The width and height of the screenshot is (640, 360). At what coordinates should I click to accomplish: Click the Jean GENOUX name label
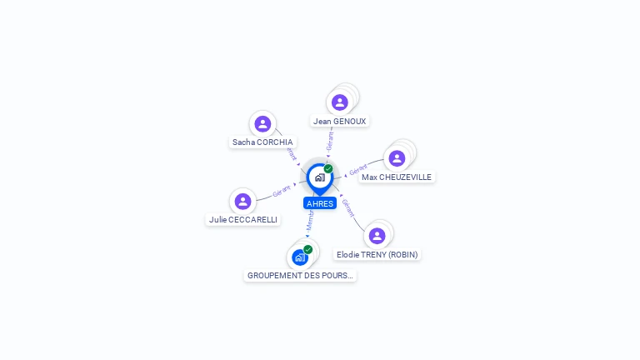coord(339,121)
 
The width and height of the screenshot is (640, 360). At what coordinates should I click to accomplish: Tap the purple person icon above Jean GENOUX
coord(339,102)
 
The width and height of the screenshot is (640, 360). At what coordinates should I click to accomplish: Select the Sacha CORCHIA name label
coord(262,142)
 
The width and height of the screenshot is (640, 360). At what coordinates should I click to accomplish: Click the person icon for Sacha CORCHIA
coord(262,124)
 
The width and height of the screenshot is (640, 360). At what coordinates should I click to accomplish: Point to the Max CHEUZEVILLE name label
coord(397,177)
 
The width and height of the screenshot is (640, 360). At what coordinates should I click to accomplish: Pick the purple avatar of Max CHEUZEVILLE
coord(397,158)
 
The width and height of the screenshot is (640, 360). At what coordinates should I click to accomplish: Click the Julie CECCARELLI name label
coord(243,220)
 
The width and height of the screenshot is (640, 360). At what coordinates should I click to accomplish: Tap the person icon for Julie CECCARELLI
coord(242,202)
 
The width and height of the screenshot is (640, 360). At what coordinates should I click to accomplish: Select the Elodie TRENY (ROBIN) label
coord(377,254)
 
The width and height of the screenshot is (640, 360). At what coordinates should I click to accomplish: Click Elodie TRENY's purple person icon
coord(377,236)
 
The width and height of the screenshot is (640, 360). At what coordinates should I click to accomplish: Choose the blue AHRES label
coord(320,203)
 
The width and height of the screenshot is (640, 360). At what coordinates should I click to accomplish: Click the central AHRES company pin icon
coord(319,177)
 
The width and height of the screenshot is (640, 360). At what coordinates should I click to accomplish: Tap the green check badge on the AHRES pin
coord(328,169)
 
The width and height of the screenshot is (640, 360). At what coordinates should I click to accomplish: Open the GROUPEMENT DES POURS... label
coord(300,275)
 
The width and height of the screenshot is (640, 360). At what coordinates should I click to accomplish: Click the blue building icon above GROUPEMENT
coord(299,257)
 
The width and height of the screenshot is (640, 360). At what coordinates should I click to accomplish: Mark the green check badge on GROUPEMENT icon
coord(308,250)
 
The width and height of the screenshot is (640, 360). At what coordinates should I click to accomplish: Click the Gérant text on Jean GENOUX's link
coord(330,140)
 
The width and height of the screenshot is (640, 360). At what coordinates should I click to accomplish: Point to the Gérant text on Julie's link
coord(282,192)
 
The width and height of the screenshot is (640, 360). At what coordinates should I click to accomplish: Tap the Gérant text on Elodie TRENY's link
coord(348,207)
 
